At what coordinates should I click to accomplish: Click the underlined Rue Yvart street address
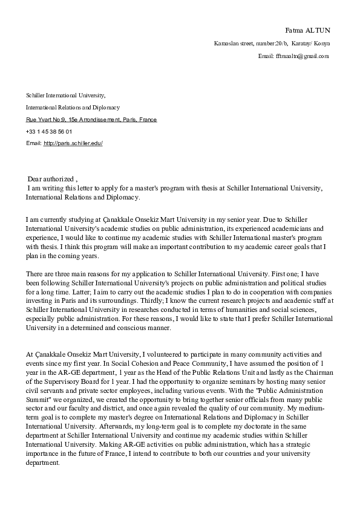click(91, 120)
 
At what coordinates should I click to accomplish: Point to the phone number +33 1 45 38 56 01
click(49, 131)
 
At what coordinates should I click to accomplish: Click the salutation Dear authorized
click(52, 180)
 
